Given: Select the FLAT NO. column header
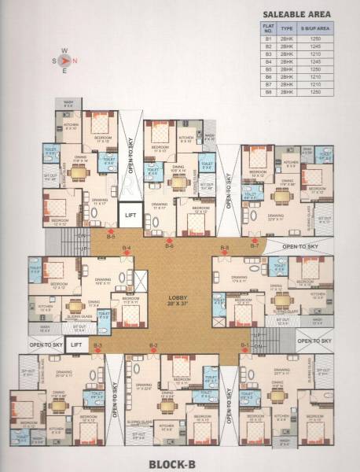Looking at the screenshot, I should coord(268,30).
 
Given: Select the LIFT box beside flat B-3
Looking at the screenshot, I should coord(76,345).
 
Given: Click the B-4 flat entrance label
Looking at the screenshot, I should coord(126,249).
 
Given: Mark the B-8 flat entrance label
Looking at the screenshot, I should coord(225,249).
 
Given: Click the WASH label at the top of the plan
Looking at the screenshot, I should coord(68,102).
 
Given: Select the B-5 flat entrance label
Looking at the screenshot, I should coord(112,236).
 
